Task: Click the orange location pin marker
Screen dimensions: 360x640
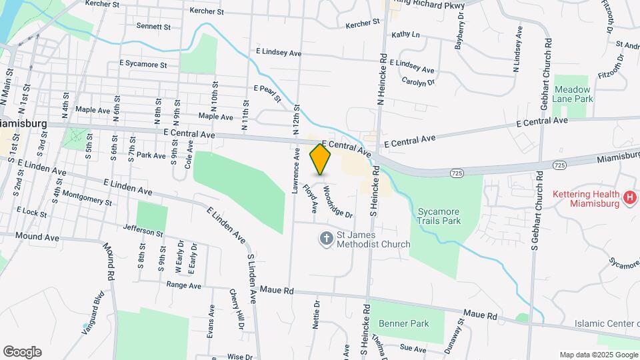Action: pyautogui.click(x=321, y=160)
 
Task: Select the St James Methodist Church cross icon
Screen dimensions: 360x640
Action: pyautogui.click(x=326, y=238)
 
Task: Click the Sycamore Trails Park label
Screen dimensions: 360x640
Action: pyautogui.click(x=439, y=215)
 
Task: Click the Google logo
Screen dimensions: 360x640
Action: pyautogui.click(x=22, y=352)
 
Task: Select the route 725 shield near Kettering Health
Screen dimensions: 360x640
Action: pyautogui.click(x=559, y=164)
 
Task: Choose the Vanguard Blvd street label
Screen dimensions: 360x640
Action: pyautogui.click(x=93, y=313)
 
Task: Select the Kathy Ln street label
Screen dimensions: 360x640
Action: pyautogui.click(x=405, y=35)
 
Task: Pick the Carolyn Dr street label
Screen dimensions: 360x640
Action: pyautogui.click(x=418, y=82)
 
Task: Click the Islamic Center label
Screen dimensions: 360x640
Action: pyautogui.click(x=607, y=324)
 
